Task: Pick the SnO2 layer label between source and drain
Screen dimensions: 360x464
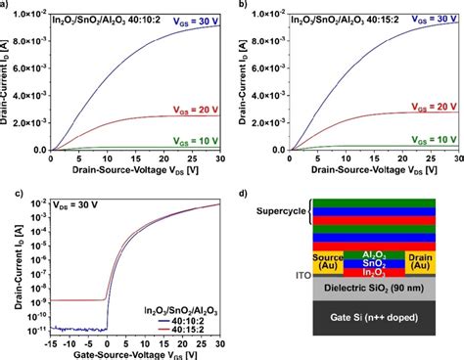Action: [386, 260]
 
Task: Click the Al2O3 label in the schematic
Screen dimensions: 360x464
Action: [386, 251]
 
